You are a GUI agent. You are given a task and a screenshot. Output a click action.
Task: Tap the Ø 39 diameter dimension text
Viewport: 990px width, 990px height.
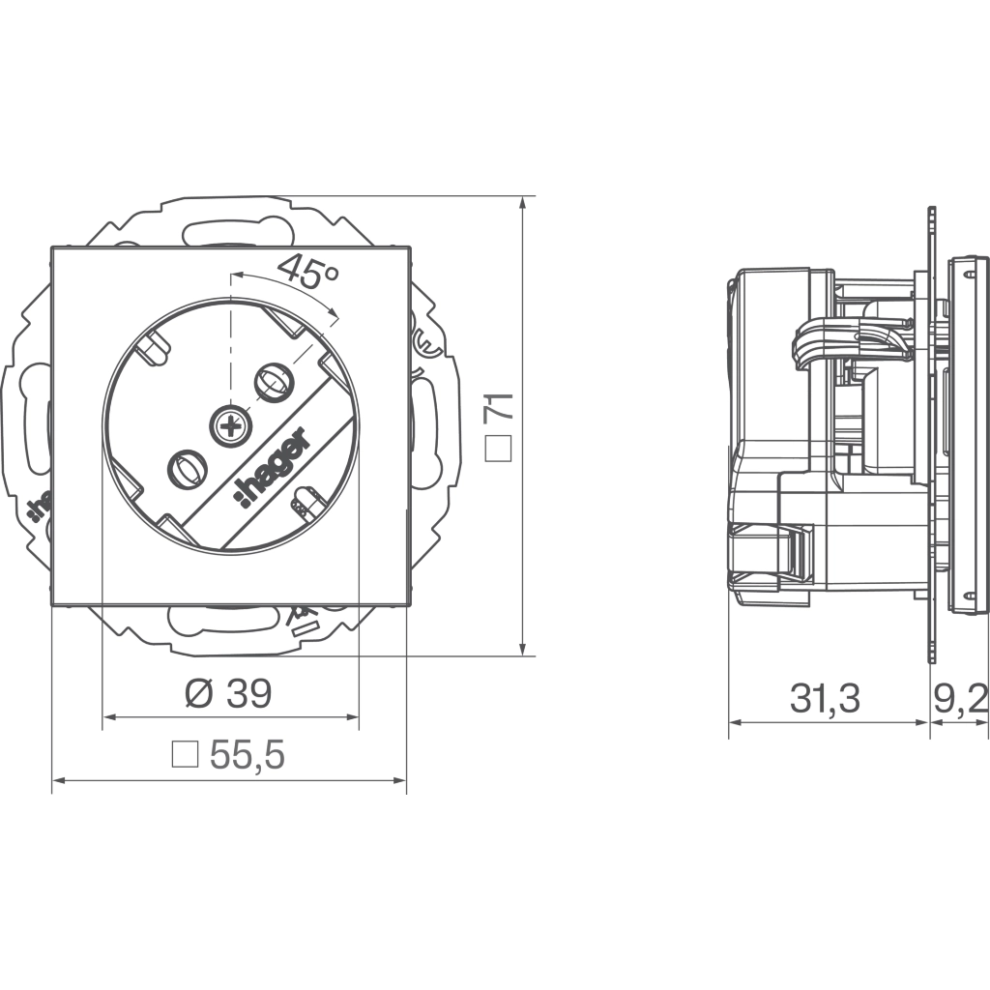point(228,693)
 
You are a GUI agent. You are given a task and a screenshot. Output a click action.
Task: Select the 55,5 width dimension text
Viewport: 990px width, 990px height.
point(247,754)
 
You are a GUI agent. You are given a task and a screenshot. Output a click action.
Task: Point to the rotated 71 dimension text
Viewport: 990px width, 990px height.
point(499,407)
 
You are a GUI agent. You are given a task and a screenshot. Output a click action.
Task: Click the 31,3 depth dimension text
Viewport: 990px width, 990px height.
point(826,699)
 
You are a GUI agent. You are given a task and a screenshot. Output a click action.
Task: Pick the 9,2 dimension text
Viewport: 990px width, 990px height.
point(961,699)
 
